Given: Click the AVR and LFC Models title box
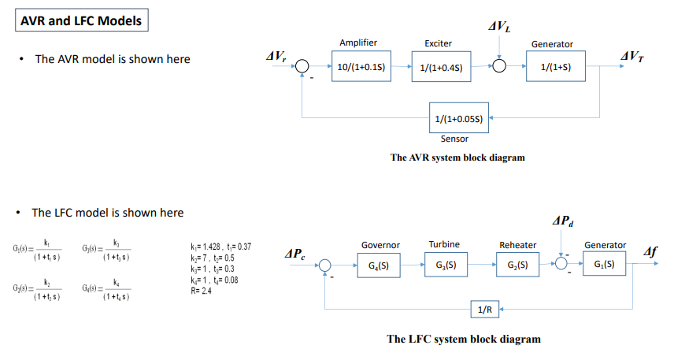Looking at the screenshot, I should pos(80,21).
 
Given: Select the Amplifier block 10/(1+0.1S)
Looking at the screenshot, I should pos(361,68).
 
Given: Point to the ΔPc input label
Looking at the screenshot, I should pos(298,254).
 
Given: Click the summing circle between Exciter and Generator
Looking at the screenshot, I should pos(500,68).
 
